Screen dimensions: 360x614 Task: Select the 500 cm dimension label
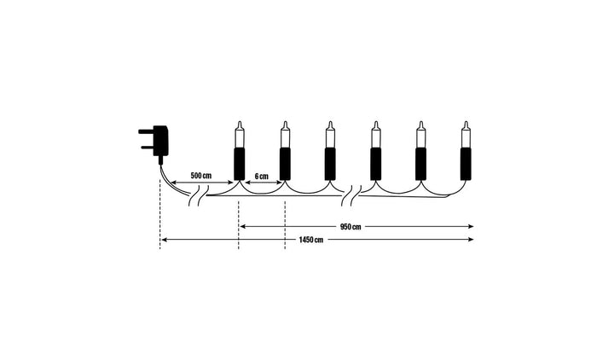point(200,175)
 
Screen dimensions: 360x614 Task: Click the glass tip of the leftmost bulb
point(239,135)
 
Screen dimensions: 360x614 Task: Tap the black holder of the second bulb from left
point(285,164)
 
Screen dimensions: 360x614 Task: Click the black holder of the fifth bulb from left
point(420,164)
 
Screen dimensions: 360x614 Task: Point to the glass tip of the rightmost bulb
point(466,135)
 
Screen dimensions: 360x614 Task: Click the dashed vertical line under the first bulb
point(239,222)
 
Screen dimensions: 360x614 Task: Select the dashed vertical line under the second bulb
point(285,222)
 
